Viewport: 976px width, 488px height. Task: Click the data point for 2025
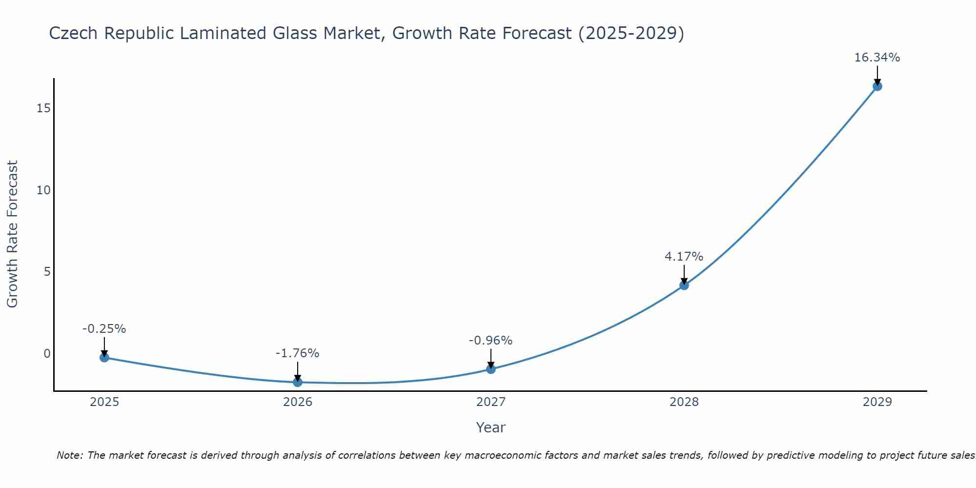click(104, 358)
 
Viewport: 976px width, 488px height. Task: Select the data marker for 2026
click(297, 382)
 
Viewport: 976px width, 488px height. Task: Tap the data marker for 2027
click(490, 369)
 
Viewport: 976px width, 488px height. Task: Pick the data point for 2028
click(684, 285)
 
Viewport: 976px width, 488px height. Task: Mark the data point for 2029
click(877, 86)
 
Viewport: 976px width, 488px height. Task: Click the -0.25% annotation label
click(104, 329)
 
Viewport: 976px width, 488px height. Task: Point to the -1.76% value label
click(297, 353)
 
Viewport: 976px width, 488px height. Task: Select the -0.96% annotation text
click(490, 341)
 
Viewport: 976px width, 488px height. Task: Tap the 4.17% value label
click(684, 257)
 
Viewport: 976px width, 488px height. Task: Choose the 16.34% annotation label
click(877, 58)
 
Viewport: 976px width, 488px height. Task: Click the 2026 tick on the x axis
click(298, 402)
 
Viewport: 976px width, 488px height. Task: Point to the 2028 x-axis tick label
click(684, 402)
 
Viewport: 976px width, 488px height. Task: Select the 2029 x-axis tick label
click(877, 402)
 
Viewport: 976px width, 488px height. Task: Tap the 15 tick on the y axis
click(43, 108)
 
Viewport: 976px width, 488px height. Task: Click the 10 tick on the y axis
click(43, 190)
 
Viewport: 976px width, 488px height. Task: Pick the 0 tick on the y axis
click(47, 354)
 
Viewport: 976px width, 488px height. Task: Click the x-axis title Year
click(490, 427)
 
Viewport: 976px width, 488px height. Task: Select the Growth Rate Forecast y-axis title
click(13, 234)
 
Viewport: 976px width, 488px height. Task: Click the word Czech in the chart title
click(74, 33)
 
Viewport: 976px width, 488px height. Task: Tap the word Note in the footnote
click(70, 455)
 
